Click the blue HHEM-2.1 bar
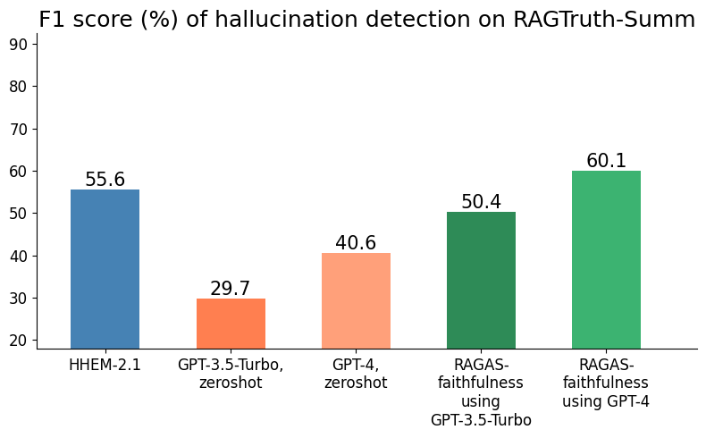pos(105,268)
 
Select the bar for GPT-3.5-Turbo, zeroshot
pos(231,323)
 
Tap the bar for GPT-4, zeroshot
pos(356,300)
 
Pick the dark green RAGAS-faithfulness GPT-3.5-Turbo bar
pos(481,280)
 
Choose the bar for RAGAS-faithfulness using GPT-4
pos(606,259)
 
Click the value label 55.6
pos(105,180)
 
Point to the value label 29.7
pos(231,289)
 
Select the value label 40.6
pos(356,243)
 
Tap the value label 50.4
pos(481,202)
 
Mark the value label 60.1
pos(606,161)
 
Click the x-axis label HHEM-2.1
pos(105,365)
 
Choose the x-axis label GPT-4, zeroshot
pos(356,374)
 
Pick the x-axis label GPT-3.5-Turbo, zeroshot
pos(231,374)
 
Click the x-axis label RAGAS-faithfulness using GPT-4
pos(606,383)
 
